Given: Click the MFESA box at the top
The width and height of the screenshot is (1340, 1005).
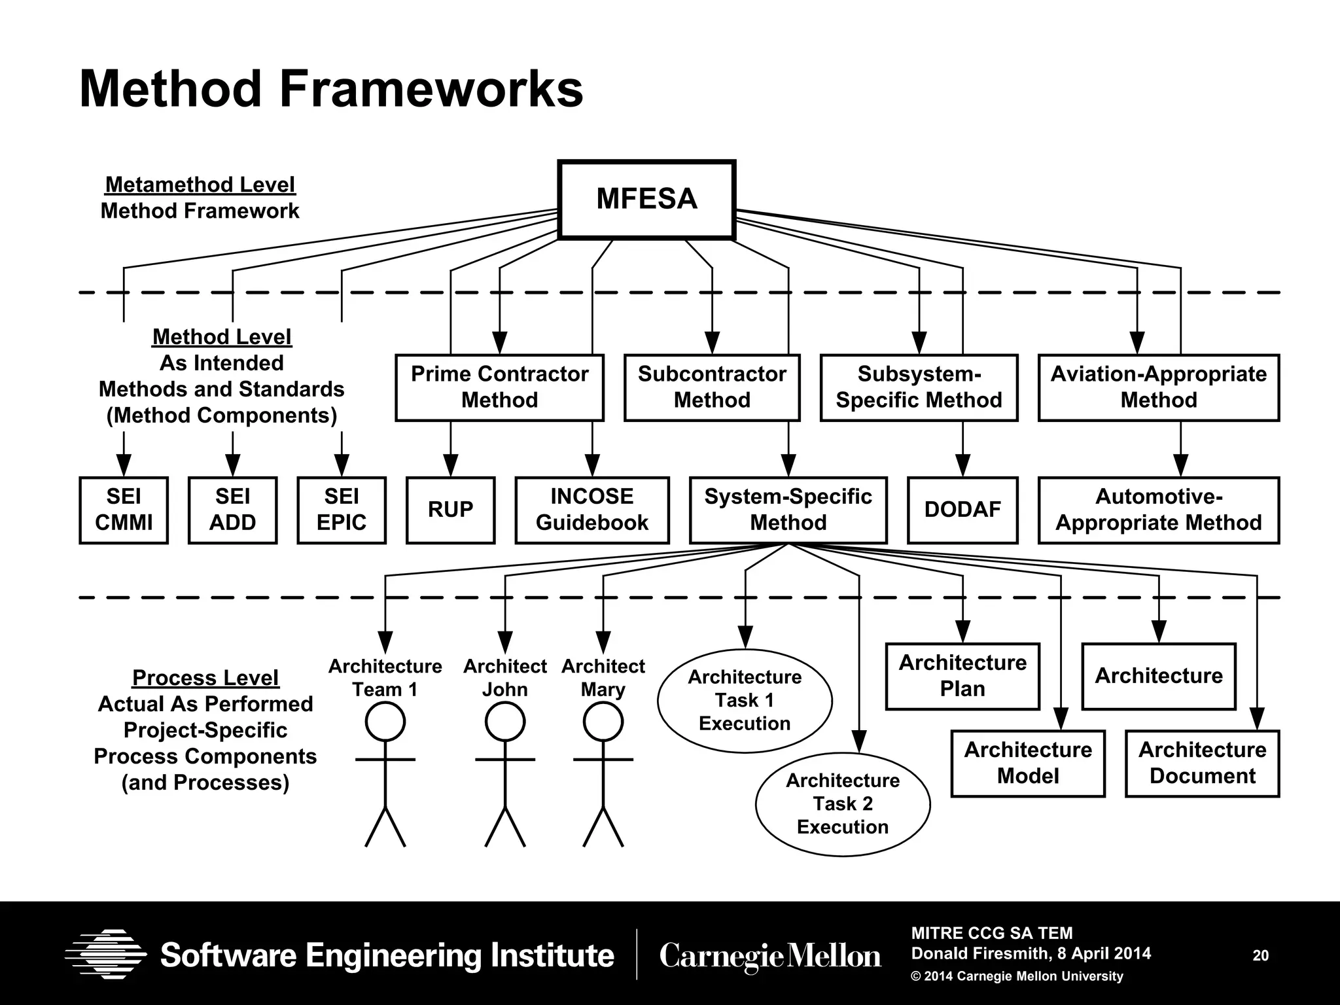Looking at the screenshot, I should [x=646, y=199].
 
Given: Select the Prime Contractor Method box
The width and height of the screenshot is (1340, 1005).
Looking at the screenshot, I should [x=499, y=387].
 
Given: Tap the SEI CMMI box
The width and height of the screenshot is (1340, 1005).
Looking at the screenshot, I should [x=124, y=510].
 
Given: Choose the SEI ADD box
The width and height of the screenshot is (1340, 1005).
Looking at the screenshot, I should [x=232, y=510].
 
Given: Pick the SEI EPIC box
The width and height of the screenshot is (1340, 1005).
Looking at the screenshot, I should [x=342, y=510].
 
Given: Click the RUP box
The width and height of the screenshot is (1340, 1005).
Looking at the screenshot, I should [x=450, y=510].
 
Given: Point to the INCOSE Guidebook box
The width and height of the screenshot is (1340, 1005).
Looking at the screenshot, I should [x=591, y=510].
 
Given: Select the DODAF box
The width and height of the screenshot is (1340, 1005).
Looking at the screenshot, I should [x=962, y=510].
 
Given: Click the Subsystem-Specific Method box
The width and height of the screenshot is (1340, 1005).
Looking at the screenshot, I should [x=919, y=387].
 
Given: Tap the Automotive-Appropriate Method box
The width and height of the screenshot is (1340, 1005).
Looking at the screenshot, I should [x=1158, y=510].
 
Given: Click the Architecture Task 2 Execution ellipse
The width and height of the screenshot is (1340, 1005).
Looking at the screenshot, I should [x=842, y=804].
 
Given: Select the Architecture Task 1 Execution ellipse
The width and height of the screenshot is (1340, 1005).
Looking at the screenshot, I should [x=745, y=701].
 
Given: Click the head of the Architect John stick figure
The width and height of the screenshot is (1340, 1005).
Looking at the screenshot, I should [x=505, y=722].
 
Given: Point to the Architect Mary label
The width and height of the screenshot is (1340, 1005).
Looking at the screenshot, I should [x=603, y=678].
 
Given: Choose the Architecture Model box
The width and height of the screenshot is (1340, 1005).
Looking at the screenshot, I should [x=1027, y=763].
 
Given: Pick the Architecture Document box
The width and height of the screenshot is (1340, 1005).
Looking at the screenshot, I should [x=1202, y=763].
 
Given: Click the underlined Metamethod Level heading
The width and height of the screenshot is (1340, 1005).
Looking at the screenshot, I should [x=200, y=185].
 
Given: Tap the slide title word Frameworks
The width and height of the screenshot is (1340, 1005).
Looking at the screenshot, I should [x=431, y=90].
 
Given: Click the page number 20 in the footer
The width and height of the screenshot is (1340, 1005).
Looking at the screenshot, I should [x=1260, y=955].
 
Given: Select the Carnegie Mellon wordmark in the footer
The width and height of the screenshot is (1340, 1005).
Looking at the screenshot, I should [x=770, y=956].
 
